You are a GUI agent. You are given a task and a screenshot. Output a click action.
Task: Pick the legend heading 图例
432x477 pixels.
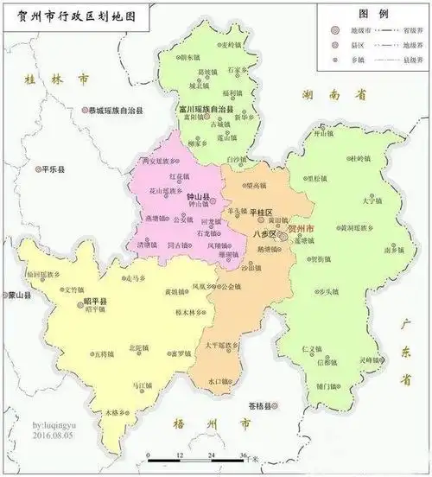(372, 15)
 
